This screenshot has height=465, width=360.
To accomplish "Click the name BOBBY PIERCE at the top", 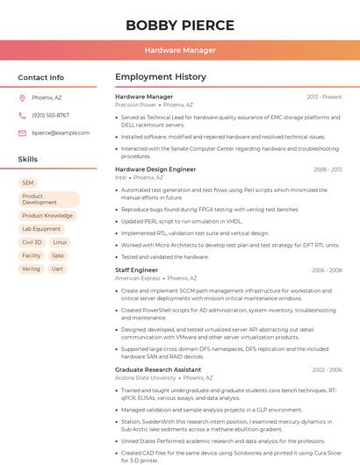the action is [180, 25].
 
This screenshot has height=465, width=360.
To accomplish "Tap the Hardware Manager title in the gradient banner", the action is [180, 51].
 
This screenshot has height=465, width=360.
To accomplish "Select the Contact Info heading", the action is [41, 77].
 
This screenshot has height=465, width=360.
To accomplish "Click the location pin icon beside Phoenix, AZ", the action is [23, 98].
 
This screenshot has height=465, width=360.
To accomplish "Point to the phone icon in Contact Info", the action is [23, 116].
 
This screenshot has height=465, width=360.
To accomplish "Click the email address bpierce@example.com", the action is [61, 133].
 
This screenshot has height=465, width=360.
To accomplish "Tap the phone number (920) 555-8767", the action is [50, 116].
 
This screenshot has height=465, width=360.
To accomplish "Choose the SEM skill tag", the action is [28, 183].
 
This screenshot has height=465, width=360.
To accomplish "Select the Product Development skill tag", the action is [48, 199].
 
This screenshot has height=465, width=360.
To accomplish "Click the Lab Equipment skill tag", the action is [41, 229].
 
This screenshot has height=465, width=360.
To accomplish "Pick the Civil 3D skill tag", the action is [32, 242].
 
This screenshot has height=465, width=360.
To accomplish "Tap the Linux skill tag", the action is [60, 242].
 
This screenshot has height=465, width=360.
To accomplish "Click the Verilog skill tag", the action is [31, 268].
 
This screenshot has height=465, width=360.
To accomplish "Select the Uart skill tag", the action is [57, 268].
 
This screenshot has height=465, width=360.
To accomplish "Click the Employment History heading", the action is [161, 77].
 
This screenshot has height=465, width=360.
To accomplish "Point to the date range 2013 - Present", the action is [324, 97].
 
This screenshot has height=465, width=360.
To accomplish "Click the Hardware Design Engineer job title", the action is [155, 169].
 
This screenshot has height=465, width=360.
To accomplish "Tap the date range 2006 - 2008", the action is [327, 270].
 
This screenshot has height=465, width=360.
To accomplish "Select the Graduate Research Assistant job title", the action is [158, 369].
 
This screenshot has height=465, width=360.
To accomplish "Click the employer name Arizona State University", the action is [146, 378].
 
